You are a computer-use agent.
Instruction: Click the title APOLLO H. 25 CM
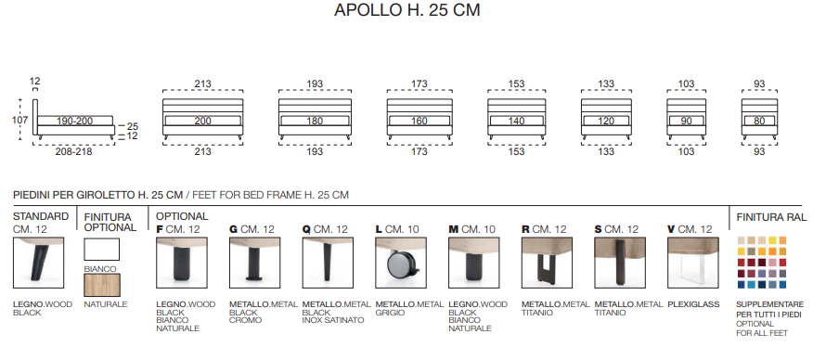pyautogui.click(x=407, y=10)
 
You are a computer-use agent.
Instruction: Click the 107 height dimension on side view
pyautogui.click(x=19, y=121)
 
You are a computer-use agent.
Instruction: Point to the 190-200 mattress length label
pyautogui.click(x=75, y=121)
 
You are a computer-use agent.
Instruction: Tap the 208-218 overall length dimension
pyautogui.click(x=74, y=152)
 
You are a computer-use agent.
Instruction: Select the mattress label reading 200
pyautogui.click(x=202, y=121)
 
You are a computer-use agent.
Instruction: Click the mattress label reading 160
pyautogui.click(x=419, y=122)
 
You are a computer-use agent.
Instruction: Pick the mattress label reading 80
pyautogui.click(x=759, y=122)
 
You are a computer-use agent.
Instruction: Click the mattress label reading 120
pyautogui.click(x=606, y=122)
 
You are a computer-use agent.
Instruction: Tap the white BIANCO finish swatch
pyautogui.click(x=102, y=250)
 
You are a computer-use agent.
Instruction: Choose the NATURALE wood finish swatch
pyautogui.click(x=102, y=286)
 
